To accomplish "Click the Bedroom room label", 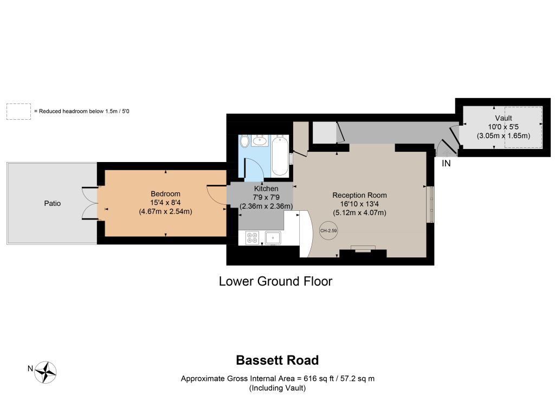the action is [x=165, y=193].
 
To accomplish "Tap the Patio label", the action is [x=53, y=203].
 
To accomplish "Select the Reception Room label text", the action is [x=359, y=195].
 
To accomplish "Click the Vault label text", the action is [x=504, y=118].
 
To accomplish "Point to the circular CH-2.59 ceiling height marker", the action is [x=328, y=231].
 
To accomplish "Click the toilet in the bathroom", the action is [x=244, y=141].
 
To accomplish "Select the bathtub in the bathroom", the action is [x=280, y=156].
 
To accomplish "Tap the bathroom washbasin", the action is [x=260, y=140].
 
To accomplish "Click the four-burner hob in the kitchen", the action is [x=252, y=237].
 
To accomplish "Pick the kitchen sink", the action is [x=273, y=237].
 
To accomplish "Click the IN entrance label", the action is [x=446, y=163].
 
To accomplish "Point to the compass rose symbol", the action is [x=46, y=372].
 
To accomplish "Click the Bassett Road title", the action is [x=277, y=360].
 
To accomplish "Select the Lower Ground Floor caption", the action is [x=275, y=281].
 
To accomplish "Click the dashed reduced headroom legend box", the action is [x=19, y=112].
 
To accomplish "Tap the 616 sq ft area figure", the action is [x=319, y=378].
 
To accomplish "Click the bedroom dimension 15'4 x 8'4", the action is [x=165, y=203].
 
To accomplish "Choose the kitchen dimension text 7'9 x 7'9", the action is [x=266, y=197].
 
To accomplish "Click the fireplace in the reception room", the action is [x=363, y=248].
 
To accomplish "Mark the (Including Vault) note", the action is [x=277, y=388].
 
